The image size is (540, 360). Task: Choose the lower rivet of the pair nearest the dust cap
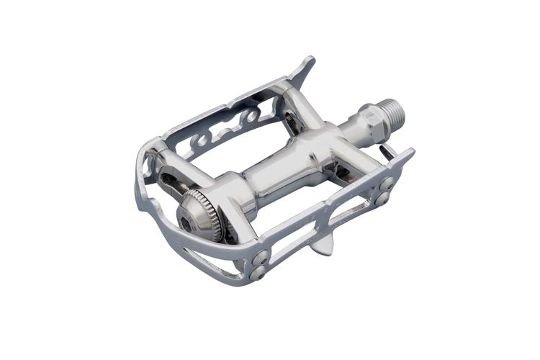258,272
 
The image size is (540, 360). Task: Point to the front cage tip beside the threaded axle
408,155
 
